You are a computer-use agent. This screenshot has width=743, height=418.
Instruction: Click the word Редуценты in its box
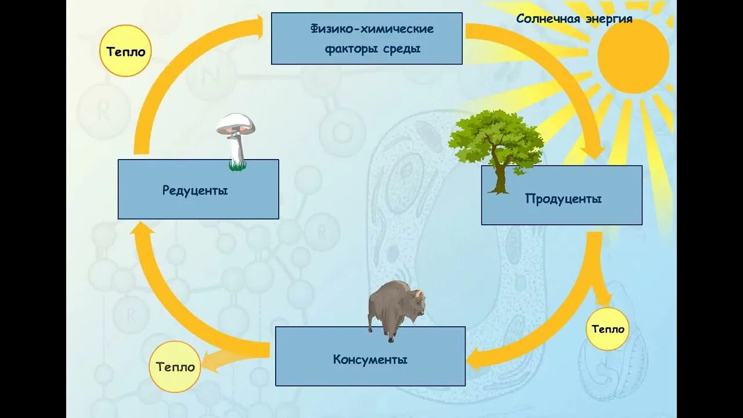(x=195, y=190)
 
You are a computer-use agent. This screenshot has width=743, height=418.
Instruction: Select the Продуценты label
(x=563, y=199)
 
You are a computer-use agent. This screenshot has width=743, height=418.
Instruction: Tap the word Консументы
(x=370, y=359)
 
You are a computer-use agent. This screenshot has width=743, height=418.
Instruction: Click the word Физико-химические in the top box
(x=371, y=29)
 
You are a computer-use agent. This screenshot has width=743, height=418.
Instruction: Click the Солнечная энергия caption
(x=574, y=19)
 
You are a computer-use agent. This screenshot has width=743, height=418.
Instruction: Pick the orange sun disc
(x=633, y=56)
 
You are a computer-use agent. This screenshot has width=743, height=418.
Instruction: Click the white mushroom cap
(x=235, y=122)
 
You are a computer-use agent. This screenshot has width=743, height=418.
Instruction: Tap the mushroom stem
(x=237, y=149)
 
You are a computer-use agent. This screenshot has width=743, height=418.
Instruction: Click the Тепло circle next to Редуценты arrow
(x=125, y=52)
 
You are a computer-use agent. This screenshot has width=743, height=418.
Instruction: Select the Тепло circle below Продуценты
(x=608, y=329)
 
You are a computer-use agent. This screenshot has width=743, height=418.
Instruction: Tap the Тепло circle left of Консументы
(x=175, y=367)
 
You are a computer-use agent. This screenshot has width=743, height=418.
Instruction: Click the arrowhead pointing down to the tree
(x=594, y=150)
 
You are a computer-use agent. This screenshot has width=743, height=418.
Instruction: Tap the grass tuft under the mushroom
(x=236, y=167)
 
